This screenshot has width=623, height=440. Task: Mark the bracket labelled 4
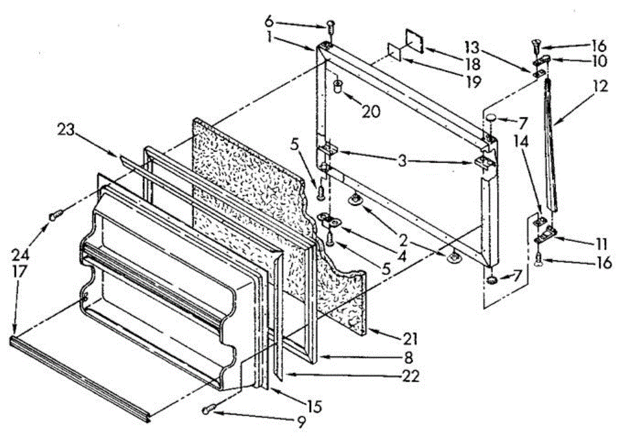click(330, 221)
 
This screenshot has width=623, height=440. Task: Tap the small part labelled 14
click(540, 221)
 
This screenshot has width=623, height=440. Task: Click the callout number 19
click(473, 82)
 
